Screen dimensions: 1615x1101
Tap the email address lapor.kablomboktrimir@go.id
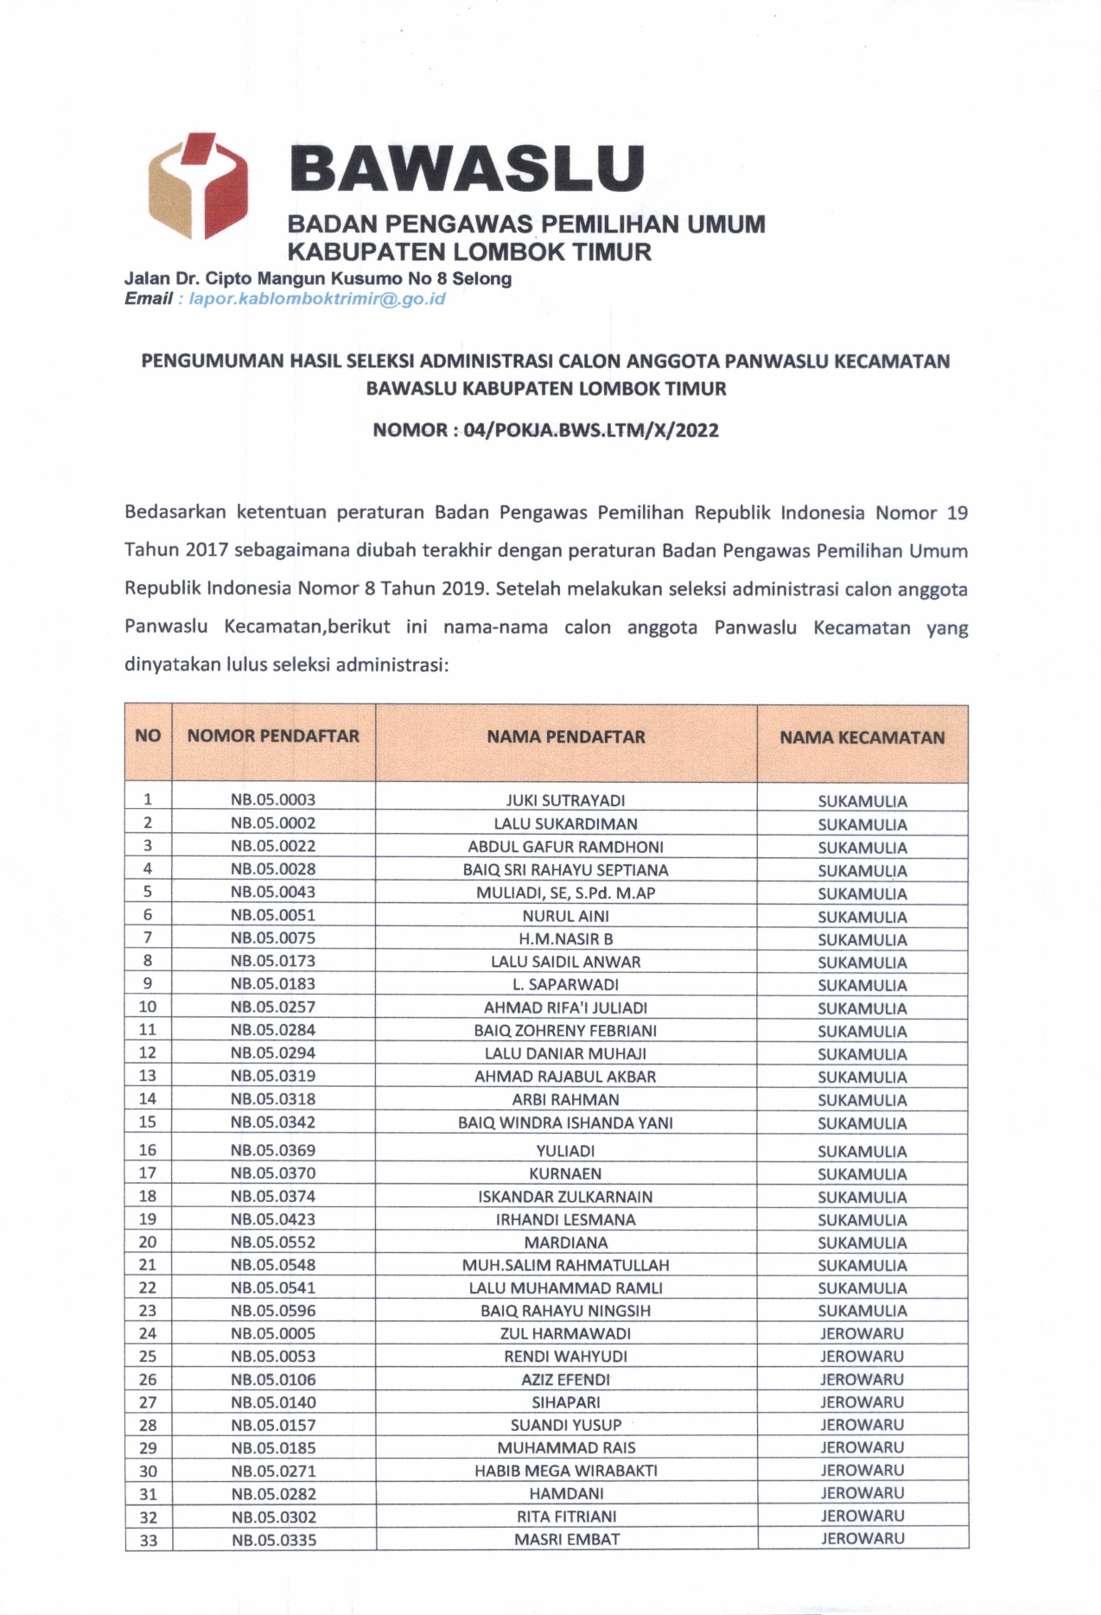click(x=317, y=299)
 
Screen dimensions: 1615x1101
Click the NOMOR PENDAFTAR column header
click(x=273, y=736)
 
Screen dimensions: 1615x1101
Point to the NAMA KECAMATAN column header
click(x=862, y=738)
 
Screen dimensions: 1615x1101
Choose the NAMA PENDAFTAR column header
click(x=566, y=737)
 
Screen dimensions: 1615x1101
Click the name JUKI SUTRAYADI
click(x=566, y=800)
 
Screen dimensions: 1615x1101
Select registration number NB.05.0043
click(x=273, y=892)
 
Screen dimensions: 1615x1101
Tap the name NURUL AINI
click(x=566, y=916)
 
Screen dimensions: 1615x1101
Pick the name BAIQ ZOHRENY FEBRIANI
click(x=566, y=1030)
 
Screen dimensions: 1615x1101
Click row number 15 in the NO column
click(x=148, y=1122)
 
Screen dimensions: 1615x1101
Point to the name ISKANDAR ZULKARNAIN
click(x=566, y=1197)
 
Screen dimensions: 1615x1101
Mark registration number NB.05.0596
click(x=273, y=1310)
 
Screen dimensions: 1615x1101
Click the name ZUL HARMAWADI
click(x=566, y=1333)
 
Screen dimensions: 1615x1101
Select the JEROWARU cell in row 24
click(x=862, y=1333)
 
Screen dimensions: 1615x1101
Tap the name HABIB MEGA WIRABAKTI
click(x=566, y=1470)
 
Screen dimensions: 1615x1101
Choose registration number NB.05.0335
click(x=273, y=1539)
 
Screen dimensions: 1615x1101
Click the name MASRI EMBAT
click(x=566, y=1539)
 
